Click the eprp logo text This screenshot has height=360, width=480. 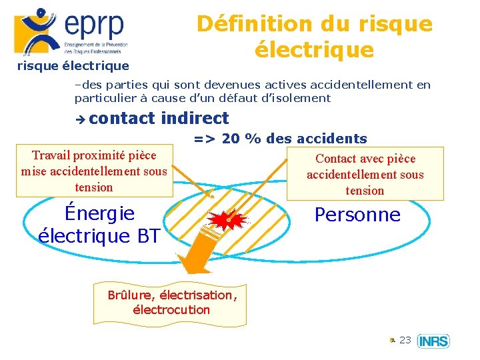pyautogui.click(x=94, y=25)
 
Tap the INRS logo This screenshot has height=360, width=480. pyautogui.click(x=433, y=341)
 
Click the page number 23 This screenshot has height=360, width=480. pyautogui.click(x=405, y=340)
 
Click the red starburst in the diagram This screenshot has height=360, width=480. pyautogui.click(x=227, y=219)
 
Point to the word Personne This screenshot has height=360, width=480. pyautogui.click(x=357, y=215)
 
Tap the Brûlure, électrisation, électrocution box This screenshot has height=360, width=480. pyautogui.click(x=171, y=302)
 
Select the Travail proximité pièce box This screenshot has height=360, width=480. pyautogui.click(x=94, y=171)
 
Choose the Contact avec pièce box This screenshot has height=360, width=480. pyautogui.click(x=365, y=174)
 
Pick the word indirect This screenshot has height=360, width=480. pyautogui.click(x=195, y=118)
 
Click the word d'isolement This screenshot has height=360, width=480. pyautogui.click(x=297, y=98)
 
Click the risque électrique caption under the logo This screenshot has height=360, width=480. pyautogui.click(x=73, y=66)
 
